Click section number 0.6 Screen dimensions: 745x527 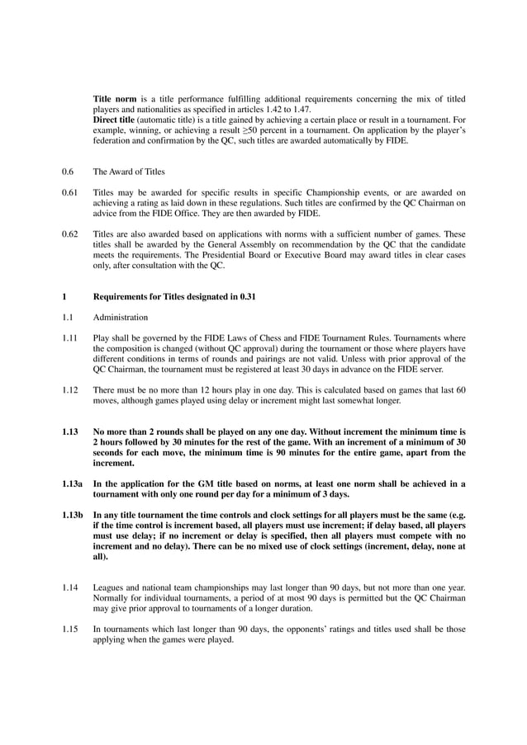(68, 172)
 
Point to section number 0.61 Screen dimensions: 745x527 (69, 192)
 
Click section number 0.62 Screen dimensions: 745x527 (69, 233)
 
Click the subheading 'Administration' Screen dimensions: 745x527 (121, 317)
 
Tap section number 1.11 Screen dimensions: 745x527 (69, 338)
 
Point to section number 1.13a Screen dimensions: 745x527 (72, 484)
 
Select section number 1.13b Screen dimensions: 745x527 (72, 516)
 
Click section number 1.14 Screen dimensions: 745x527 (69, 588)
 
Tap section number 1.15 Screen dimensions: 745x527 (69, 629)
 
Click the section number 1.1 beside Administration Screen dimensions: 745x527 (67, 317)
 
